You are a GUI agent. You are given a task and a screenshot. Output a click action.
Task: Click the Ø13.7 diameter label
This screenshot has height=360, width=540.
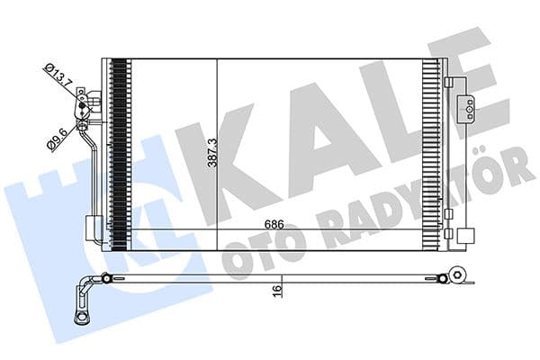59,75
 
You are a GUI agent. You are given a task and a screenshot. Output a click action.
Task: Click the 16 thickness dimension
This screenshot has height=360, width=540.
280,289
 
